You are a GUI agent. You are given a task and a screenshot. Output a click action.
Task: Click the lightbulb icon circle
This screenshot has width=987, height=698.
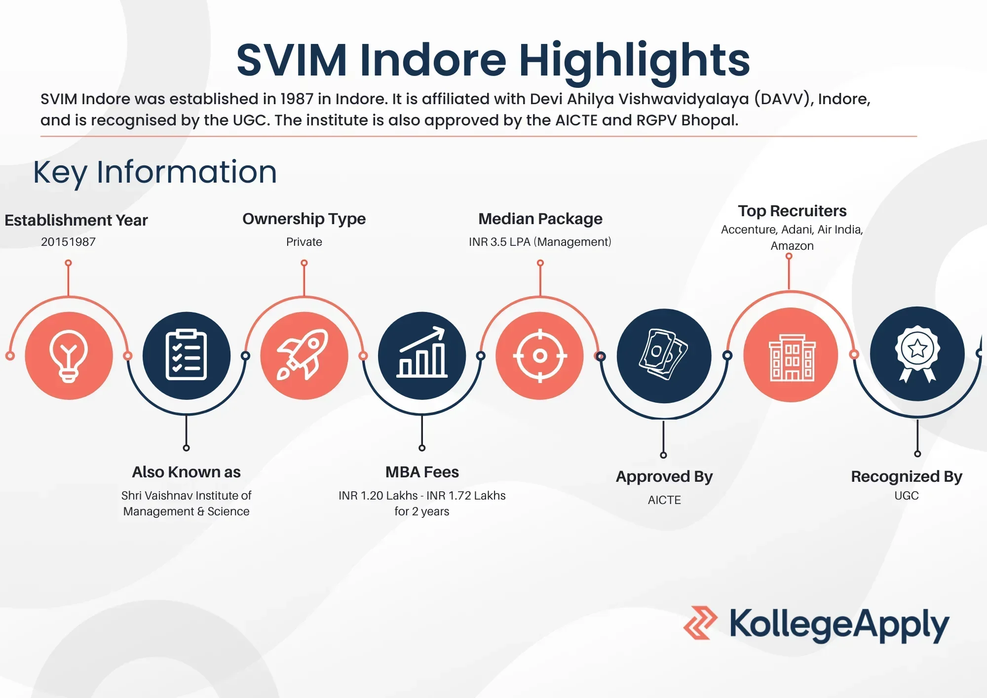click(69, 355)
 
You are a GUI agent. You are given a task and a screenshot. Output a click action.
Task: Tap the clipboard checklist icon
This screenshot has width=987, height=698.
click(186, 355)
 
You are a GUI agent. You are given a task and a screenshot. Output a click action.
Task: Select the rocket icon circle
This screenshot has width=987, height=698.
click(304, 355)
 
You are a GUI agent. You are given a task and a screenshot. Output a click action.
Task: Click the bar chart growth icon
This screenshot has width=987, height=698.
click(422, 355)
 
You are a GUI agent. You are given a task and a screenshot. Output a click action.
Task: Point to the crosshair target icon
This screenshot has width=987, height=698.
click(540, 355)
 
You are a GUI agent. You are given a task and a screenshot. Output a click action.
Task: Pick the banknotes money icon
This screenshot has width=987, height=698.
click(664, 355)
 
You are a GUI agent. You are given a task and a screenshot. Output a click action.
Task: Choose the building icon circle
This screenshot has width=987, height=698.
click(791, 355)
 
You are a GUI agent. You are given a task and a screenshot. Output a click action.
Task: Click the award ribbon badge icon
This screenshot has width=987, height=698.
click(917, 353)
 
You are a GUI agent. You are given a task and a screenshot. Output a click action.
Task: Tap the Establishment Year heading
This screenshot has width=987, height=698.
click(76, 220)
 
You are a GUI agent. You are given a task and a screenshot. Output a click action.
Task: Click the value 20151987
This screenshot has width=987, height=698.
click(68, 242)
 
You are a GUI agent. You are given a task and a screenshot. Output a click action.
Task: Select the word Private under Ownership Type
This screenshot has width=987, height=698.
click(304, 242)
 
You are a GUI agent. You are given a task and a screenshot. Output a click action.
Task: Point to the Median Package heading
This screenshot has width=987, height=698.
click(540, 219)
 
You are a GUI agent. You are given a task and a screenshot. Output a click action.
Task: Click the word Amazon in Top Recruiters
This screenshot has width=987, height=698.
click(792, 246)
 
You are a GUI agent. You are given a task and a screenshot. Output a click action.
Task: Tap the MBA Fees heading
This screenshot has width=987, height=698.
click(422, 472)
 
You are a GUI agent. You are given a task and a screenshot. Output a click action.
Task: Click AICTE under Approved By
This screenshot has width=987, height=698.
click(664, 500)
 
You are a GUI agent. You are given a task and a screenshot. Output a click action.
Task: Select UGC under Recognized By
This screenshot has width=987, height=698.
click(907, 496)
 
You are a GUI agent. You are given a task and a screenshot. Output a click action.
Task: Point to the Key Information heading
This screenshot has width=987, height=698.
click(155, 172)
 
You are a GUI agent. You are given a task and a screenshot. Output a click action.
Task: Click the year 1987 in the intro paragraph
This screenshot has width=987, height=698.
click(297, 99)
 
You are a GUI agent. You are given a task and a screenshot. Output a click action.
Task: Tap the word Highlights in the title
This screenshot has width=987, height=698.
click(634, 60)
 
